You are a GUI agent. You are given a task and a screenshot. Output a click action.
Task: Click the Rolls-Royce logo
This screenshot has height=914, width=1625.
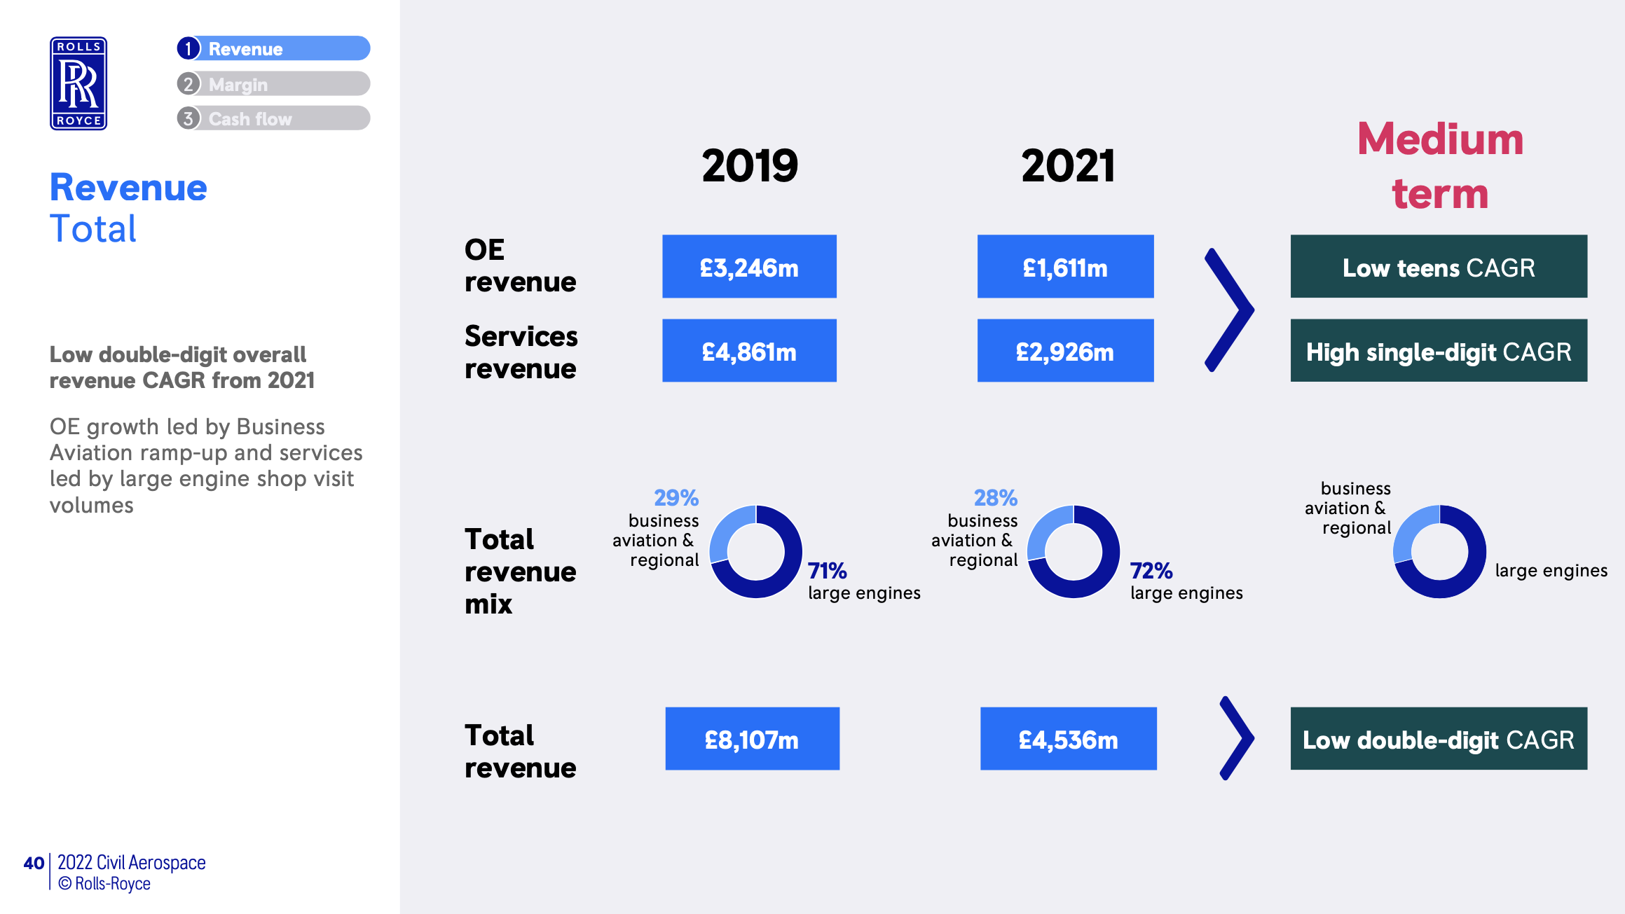(78, 83)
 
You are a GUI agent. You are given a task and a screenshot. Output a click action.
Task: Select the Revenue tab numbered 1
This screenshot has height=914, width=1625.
(273, 48)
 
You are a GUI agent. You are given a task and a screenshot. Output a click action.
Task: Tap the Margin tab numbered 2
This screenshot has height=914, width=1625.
(273, 84)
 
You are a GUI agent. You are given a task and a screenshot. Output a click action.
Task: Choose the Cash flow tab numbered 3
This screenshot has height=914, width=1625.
(273, 118)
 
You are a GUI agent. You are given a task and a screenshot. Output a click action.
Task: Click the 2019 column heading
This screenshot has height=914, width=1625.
(749, 166)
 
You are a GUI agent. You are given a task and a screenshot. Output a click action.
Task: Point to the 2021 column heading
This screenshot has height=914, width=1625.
(1067, 166)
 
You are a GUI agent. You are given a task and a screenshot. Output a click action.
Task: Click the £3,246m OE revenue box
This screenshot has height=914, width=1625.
(749, 267)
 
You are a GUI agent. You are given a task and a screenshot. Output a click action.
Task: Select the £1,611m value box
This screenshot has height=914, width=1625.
(1065, 267)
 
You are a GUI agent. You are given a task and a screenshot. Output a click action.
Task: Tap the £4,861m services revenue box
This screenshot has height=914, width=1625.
(749, 351)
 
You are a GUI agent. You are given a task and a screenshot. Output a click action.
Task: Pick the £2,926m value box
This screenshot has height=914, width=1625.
(1065, 351)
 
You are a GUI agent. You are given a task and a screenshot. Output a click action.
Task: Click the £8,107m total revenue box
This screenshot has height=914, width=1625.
(752, 739)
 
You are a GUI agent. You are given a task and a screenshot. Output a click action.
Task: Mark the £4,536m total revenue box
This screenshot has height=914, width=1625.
(1068, 739)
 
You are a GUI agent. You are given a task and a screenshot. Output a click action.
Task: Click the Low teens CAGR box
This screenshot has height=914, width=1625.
(1439, 267)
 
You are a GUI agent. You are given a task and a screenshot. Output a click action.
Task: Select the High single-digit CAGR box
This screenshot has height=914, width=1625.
(1439, 351)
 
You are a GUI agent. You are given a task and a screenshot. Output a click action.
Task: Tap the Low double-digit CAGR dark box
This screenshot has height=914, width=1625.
(1439, 739)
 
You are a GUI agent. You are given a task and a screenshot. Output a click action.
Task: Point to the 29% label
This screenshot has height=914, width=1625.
(676, 498)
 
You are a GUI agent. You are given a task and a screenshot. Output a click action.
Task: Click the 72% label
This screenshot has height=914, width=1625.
(1151, 571)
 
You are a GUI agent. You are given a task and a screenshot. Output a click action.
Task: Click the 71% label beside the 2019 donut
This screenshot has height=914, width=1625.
(827, 571)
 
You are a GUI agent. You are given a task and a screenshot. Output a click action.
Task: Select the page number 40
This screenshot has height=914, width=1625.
(34, 863)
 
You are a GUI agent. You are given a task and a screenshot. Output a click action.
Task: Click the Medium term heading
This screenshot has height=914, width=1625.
(1440, 166)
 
